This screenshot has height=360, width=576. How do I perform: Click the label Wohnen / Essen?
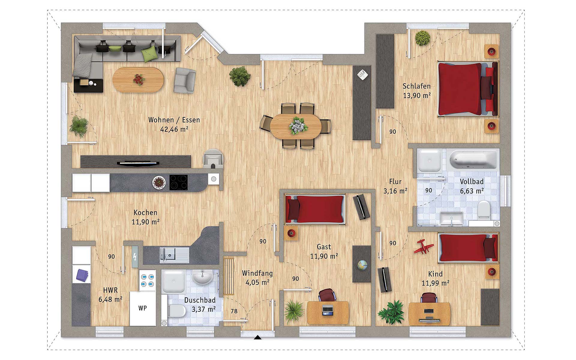point(174,120)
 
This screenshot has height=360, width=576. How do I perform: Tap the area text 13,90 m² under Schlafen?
point(417,96)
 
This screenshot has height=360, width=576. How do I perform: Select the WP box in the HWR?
point(143,308)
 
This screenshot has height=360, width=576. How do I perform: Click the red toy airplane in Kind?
point(423,246)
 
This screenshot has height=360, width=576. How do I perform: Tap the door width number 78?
point(234,311)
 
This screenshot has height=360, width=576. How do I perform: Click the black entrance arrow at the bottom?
point(257,337)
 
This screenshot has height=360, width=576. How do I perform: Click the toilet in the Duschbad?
point(176,311)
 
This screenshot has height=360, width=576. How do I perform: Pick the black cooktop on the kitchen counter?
point(178,182)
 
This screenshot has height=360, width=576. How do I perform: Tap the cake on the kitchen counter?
point(159,182)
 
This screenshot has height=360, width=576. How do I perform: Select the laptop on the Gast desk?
point(328,310)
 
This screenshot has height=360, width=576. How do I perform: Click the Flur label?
point(395,181)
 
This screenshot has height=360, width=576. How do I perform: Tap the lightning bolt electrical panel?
point(135,257)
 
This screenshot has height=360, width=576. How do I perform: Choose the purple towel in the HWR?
point(82,275)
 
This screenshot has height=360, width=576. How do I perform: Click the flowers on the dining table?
point(298,125)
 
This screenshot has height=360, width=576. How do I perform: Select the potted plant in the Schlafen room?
point(423,38)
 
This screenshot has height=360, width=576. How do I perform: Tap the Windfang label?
point(257,273)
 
